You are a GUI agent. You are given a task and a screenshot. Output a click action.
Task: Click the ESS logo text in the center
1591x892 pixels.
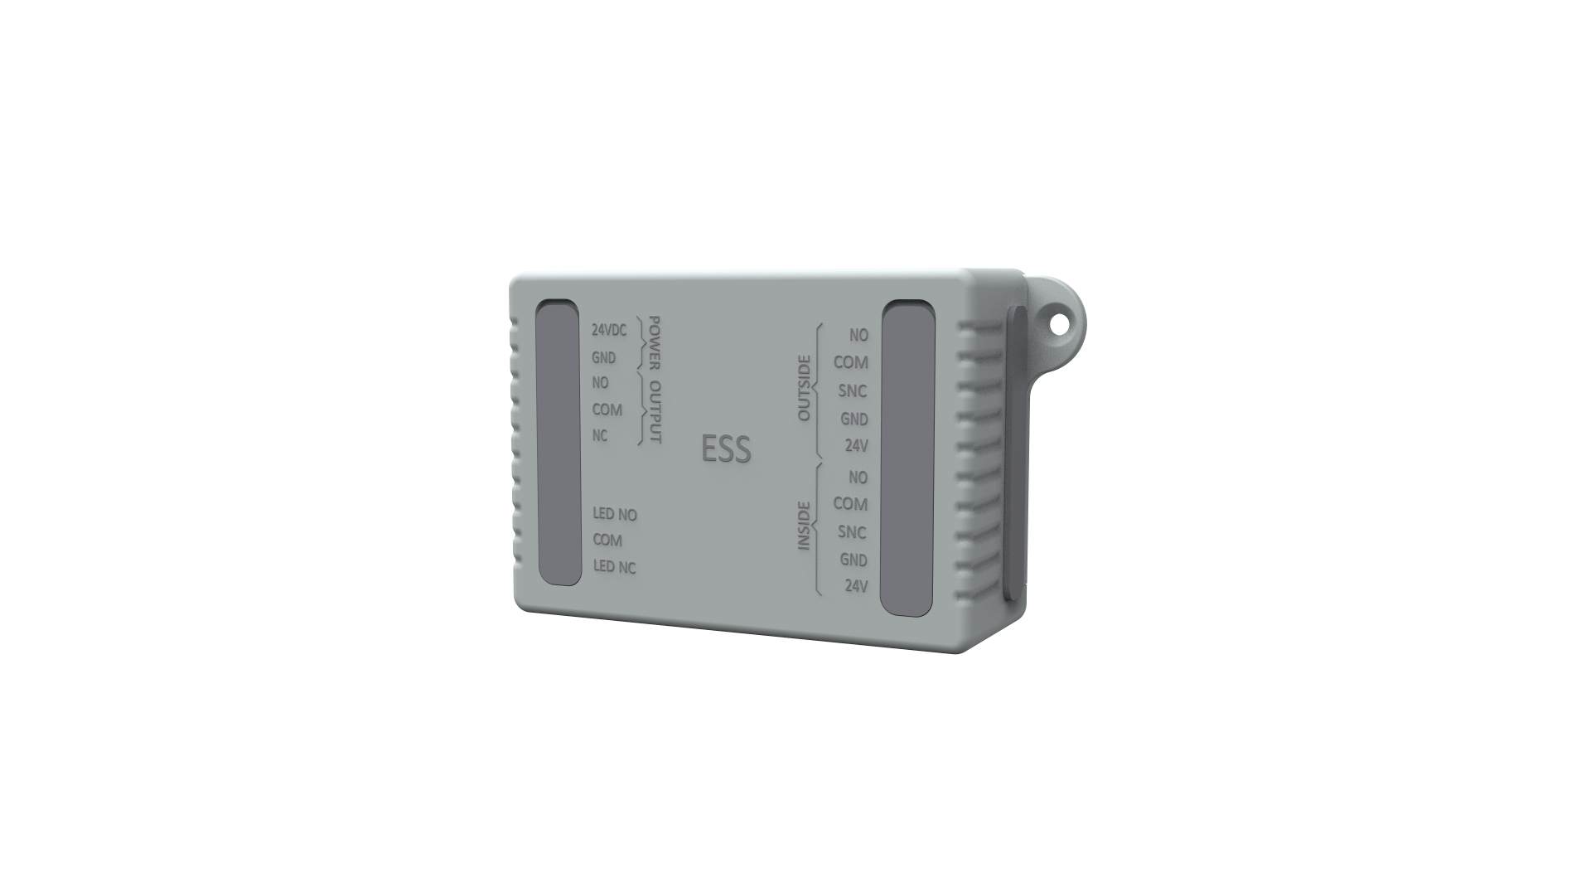726,449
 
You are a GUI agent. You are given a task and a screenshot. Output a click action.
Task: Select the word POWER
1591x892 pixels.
655,342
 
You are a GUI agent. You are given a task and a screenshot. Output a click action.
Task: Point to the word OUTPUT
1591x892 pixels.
655,412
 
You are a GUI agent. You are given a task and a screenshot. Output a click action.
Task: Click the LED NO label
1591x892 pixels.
615,515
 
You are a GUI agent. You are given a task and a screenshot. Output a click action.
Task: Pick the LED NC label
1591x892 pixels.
615,567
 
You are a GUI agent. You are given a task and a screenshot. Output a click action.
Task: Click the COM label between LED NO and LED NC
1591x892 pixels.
607,541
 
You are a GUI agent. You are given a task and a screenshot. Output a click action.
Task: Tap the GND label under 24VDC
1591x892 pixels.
603,358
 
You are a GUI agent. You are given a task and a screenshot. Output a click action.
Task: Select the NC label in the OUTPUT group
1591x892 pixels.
600,436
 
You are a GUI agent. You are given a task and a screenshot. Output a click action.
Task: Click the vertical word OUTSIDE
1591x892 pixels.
803,388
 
